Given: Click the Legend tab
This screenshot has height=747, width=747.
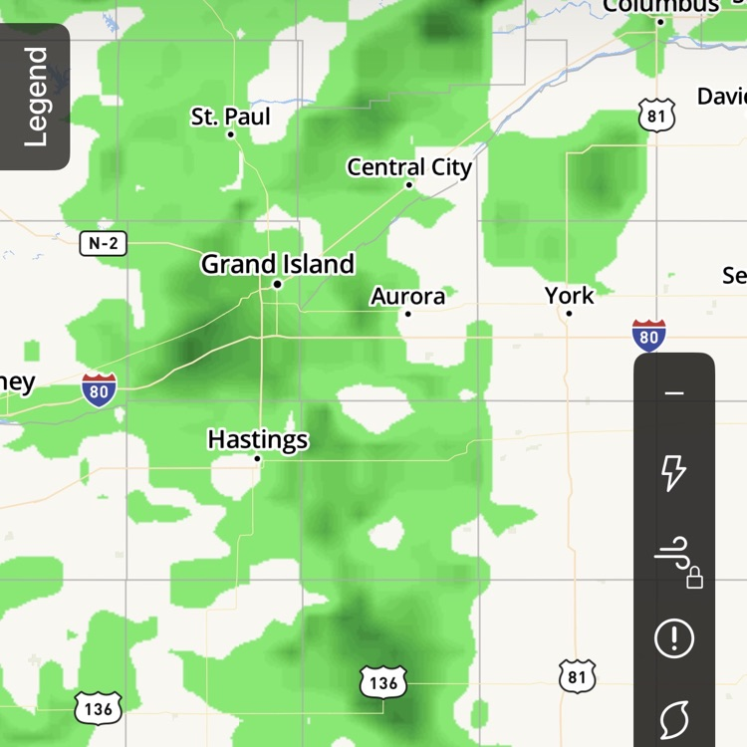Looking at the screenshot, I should (35, 97).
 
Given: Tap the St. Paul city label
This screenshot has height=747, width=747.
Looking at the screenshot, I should (230, 117).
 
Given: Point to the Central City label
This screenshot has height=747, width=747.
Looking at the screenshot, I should (408, 167).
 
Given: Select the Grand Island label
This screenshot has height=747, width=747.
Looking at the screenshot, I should (277, 264).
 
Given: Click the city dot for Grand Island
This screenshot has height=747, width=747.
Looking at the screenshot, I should (277, 284).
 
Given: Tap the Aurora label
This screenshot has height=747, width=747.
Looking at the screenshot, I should (407, 296).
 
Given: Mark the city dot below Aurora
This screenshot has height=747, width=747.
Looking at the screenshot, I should (407, 314).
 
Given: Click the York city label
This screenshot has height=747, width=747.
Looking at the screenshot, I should (569, 295).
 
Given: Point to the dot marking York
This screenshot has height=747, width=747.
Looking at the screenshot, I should (569, 313).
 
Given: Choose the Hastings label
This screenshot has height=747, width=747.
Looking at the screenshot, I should (257, 439).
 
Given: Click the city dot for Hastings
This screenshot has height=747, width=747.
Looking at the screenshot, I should (257, 458).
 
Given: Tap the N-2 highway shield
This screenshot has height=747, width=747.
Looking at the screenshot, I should (103, 242).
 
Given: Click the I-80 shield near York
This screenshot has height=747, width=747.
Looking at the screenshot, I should (648, 336).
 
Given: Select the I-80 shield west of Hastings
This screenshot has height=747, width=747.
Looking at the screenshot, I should (99, 388).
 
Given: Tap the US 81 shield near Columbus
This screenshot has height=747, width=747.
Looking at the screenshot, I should (656, 116).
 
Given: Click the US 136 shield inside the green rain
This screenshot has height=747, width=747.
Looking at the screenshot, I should (383, 682).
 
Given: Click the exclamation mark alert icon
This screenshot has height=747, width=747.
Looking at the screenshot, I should (674, 637).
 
